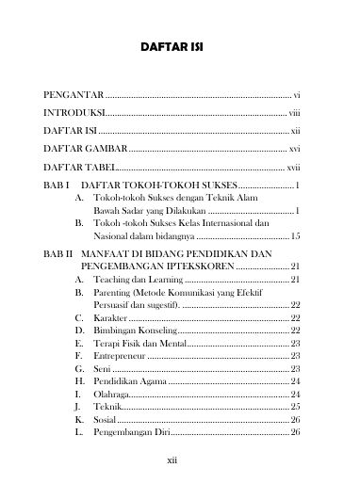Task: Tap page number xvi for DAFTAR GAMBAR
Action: point(293,149)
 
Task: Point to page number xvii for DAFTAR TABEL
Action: point(292,166)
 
